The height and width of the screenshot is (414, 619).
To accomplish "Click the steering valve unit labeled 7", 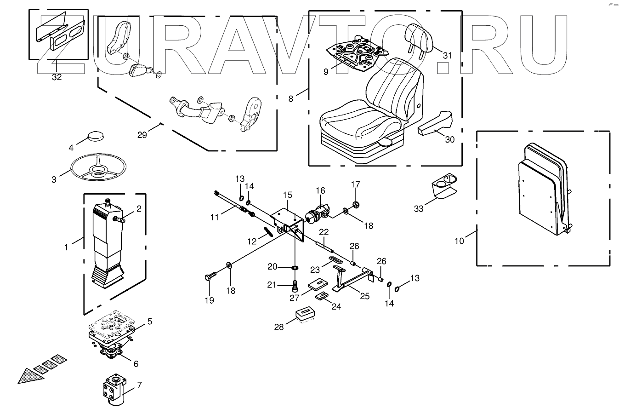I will click(114, 389).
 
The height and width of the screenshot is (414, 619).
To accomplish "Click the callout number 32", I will click(57, 77).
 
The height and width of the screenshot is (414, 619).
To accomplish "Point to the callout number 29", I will click(142, 135).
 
